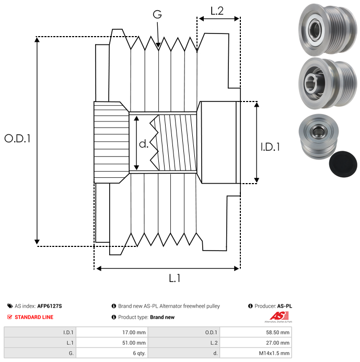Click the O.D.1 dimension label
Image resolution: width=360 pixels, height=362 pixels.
point(18,139)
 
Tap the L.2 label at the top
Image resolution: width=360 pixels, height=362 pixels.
point(217,10)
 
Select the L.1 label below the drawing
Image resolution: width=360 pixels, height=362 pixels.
point(175,278)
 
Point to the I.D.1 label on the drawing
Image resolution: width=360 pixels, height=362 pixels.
point(270,147)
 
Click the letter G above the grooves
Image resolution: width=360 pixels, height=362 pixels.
point(157,15)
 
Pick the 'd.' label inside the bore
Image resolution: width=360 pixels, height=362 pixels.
point(144,144)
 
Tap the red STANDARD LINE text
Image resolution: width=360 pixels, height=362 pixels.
point(34,317)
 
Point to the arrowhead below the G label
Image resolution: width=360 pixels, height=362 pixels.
point(158,47)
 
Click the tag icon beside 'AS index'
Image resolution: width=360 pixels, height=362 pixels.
point(9,306)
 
